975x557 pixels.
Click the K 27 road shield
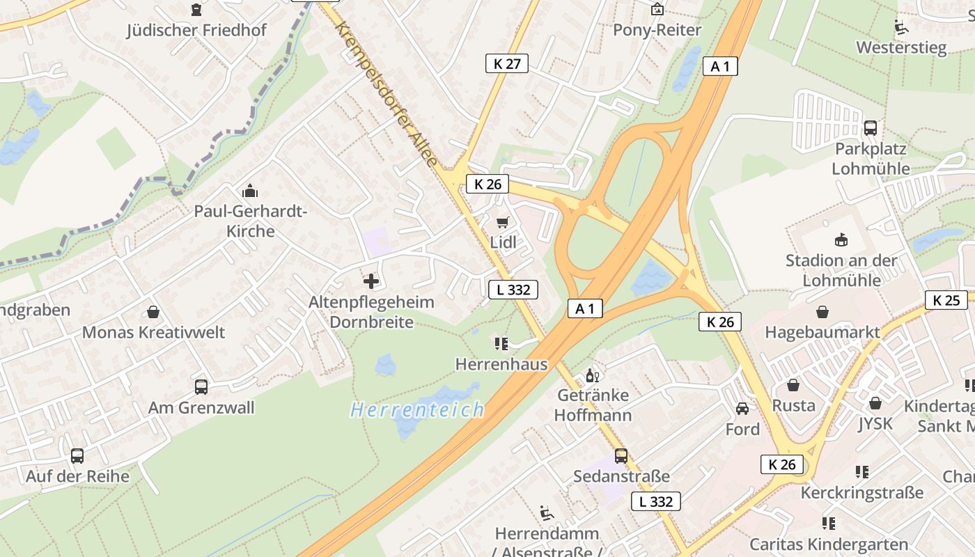point(506,63)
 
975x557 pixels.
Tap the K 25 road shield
point(946,300)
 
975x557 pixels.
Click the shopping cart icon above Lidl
point(502,222)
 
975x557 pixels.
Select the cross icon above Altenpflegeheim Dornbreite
point(371,281)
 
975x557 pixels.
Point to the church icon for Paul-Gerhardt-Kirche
point(249,191)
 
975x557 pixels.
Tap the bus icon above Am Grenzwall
point(201,387)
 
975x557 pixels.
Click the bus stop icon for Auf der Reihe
point(77,456)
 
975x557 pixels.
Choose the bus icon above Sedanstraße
point(621,456)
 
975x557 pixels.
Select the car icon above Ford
point(742,409)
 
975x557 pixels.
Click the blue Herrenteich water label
point(417,410)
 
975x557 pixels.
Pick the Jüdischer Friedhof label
point(196,31)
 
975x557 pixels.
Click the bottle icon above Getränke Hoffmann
point(592,375)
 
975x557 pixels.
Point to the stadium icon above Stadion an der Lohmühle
point(841,240)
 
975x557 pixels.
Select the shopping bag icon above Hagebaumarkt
point(822,312)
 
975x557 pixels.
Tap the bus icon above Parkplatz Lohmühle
point(870,128)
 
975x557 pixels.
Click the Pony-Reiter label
point(657,30)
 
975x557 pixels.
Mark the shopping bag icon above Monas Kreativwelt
point(153,312)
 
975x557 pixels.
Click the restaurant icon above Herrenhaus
point(501,343)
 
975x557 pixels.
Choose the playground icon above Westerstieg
point(901,27)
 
